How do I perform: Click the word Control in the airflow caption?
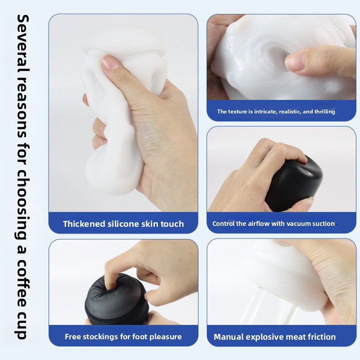coord(223,224)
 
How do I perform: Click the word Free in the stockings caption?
coord(73,337)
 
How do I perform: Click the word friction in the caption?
coord(320,337)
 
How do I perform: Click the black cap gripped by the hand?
coord(294,182)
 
